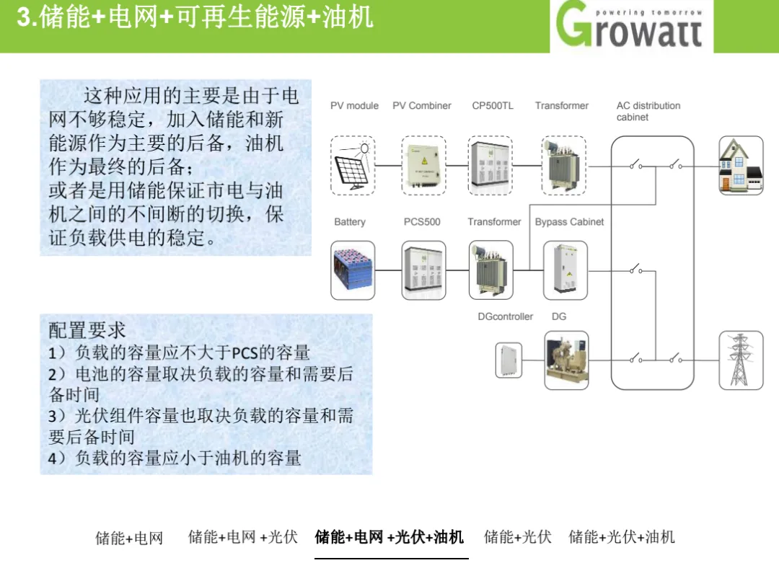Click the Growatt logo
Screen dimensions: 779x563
[x=630, y=25]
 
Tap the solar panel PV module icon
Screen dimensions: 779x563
[x=353, y=165]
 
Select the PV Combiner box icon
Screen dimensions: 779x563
[x=423, y=165]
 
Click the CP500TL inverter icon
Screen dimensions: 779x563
[x=490, y=165]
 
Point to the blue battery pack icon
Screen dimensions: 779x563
[x=353, y=270]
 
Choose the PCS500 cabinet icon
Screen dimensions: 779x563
[x=423, y=270]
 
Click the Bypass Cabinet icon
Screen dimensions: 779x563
[x=565, y=270]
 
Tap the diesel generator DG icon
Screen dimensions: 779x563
[x=566, y=360]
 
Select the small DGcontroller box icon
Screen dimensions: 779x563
[x=509, y=360]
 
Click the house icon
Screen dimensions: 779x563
[x=741, y=165]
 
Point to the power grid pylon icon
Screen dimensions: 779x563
[x=741, y=360]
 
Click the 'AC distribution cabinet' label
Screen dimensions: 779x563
[x=648, y=111]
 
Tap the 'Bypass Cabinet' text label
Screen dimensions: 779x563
[x=569, y=222]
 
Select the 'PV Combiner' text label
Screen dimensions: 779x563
[x=422, y=106]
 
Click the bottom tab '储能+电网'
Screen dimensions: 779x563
[x=129, y=538]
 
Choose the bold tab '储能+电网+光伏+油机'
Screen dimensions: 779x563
[x=389, y=537]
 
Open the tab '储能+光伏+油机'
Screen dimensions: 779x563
[x=622, y=536]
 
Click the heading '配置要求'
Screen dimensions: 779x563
[x=87, y=330]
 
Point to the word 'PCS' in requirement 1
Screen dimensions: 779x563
[x=245, y=353]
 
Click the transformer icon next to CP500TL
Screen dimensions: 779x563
[x=563, y=165]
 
